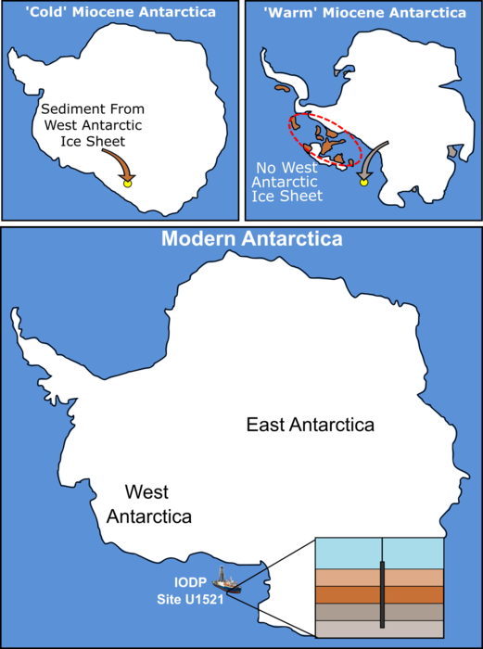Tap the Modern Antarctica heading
(x=252, y=239)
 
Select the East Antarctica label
(x=310, y=426)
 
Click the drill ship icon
(x=226, y=581)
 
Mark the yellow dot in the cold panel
(x=129, y=184)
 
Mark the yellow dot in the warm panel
(x=363, y=183)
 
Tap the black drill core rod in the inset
(x=381, y=589)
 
